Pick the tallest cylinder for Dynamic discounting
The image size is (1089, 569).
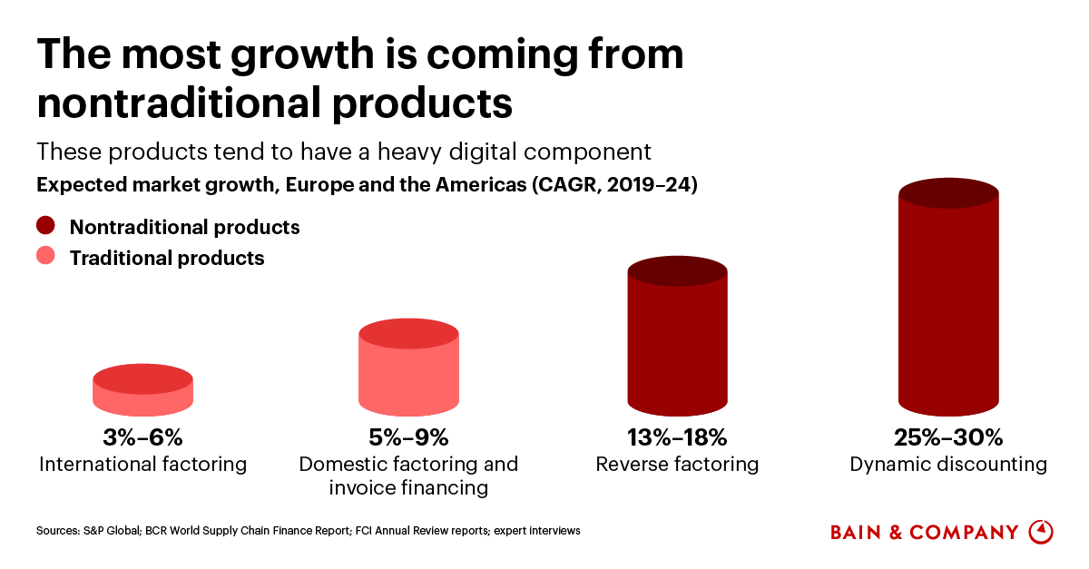pos(948,299)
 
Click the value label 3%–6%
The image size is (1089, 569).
pos(142,437)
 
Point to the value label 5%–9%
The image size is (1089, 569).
pos(408,437)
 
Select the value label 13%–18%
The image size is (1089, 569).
pos(677,437)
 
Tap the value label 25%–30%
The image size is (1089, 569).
pos(948,437)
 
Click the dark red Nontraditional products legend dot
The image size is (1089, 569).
pos(45,226)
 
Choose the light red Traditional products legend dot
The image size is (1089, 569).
pos(45,257)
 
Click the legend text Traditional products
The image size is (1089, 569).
pos(167,258)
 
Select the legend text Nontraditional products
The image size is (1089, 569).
pos(184,227)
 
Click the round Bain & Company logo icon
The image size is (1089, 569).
pos(1041,532)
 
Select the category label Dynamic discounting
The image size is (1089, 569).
pos(948,465)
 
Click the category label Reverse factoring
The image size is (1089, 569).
pos(677,465)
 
